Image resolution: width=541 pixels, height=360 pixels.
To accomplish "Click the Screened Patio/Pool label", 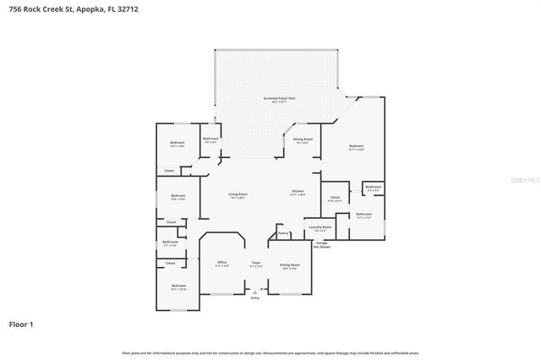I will [x=278, y=98].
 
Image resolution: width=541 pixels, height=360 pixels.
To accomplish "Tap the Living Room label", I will [x=238, y=194].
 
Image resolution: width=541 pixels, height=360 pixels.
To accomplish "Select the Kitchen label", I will [x=298, y=191].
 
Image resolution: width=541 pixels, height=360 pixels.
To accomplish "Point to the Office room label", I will [x=222, y=262].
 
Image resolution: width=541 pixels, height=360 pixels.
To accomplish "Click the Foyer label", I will [x=255, y=262].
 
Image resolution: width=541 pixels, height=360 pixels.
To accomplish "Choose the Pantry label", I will [x=283, y=233].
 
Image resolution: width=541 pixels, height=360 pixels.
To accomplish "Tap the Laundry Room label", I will [x=320, y=226].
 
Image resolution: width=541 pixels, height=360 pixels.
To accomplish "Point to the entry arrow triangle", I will [x=255, y=292].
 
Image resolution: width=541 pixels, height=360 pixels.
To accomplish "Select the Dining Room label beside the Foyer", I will [x=289, y=265].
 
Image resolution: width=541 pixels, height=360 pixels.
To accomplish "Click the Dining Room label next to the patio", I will [x=303, y=139].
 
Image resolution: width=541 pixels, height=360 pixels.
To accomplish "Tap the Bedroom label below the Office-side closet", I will [x=178, y=286].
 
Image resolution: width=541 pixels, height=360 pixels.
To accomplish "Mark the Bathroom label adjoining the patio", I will [x=211, y=139].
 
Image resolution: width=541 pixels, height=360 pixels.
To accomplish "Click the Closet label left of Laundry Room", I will [x=335, y=198].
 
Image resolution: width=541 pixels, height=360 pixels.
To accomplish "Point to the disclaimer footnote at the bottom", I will [x=270, y=352].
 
